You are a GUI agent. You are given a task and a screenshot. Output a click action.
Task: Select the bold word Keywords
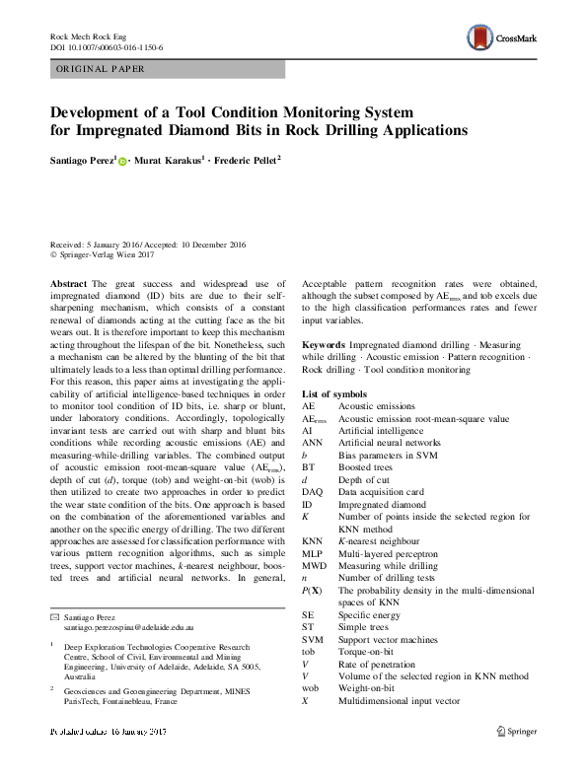[x=324, y=345]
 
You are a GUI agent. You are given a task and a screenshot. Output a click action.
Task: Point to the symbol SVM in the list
[x=312, y=640]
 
